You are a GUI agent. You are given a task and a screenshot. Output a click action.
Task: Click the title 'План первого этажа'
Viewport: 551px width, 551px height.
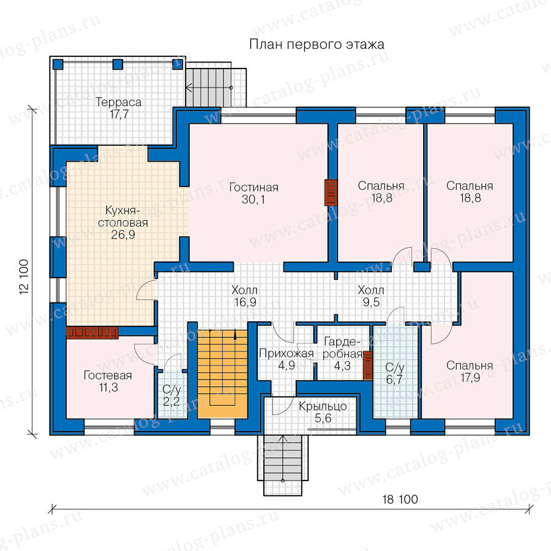coord(317,45)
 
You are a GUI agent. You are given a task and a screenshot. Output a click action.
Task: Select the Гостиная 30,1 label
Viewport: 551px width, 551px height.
coord(253,193)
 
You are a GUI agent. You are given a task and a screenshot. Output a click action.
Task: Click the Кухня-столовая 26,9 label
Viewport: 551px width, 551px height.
coord(122,222)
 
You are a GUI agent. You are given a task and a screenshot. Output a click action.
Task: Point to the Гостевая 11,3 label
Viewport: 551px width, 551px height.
coord(108,381)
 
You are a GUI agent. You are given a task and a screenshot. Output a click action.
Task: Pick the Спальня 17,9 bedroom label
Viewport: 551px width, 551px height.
coord(470,372)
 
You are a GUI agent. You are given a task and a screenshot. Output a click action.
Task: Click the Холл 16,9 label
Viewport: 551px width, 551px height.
coord(244,296)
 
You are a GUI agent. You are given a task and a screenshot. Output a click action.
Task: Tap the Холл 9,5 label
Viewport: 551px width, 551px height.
coord(371,296)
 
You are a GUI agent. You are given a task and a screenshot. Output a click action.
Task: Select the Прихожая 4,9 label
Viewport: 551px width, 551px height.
coord(287,359)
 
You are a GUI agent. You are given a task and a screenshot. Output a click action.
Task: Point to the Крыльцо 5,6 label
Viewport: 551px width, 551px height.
coord(323,412)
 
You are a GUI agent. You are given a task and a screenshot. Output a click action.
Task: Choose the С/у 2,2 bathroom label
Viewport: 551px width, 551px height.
coord(171,395)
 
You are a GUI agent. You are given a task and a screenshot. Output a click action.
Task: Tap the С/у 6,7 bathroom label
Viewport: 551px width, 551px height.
coord(395,373)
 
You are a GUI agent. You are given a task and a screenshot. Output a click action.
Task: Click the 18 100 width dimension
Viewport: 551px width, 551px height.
coord(400,500)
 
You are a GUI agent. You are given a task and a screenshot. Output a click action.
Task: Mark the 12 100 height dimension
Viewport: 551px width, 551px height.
coord(24,277)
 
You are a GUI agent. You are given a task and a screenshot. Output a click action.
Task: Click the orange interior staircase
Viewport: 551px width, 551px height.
coord(223,374)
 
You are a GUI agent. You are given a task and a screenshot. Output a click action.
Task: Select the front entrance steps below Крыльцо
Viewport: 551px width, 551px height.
coord(283,465)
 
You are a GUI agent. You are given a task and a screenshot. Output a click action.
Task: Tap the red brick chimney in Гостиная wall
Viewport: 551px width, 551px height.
coord(331,193)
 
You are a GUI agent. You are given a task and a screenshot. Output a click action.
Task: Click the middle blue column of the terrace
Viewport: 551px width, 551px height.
coord(118,65)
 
